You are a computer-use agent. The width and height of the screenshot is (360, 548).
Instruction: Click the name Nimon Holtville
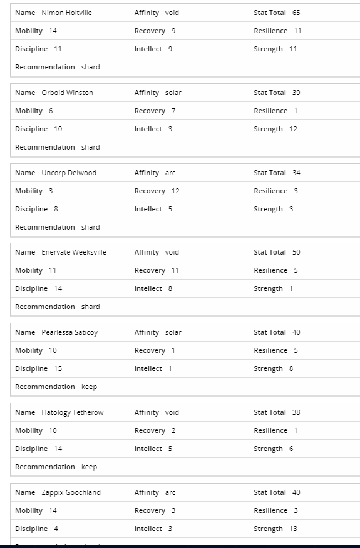pyautogui.click(x=66, y=13)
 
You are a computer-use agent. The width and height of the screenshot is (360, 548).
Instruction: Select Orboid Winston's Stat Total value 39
pyautogui.click(x=296, y=93)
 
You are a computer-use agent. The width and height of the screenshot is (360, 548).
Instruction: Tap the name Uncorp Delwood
pyautogui.click(x=69, y=173)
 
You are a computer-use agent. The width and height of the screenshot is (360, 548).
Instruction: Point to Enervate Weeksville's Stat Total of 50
pyautogui.click(x=296, y=252)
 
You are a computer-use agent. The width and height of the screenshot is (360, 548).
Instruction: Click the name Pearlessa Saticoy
pyautogui.click(x=69, y=332)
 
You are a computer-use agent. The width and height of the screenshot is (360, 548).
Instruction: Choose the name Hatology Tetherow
pyautogui.click(x=73, y=412)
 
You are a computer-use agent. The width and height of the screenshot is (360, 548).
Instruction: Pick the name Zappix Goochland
pyautogui.click(x=71, y=492)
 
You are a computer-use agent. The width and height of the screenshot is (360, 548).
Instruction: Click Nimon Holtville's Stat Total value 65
pyautogui.click(x=296, y=13)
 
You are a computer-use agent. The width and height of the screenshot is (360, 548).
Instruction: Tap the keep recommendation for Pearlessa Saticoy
pyautogui.click(x=89, y=387)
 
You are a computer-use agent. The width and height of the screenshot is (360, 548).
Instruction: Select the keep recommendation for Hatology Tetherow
pyautogui.click(x=89, y=467)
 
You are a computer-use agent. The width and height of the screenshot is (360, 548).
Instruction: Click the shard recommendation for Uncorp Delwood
pyautogui.click(x=90, y=227)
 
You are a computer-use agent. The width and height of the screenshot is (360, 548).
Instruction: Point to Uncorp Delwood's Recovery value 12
pyautogui.click(x=175, y=191)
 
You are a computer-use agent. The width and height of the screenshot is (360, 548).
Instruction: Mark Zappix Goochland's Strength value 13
pyautogui.click(x=294, y=529)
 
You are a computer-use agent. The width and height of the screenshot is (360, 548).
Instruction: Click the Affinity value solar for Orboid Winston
pyautogui.click(x=173, y=93)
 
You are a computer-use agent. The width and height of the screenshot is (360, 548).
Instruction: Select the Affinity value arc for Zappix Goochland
pyautogui.click(x=170, y=492)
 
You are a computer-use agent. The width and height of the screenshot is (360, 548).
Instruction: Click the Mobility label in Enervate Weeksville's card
pyautogui.click(x=29, y=270)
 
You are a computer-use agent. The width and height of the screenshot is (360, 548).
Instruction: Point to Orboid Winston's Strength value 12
pyautogui.click(x=293, y=129)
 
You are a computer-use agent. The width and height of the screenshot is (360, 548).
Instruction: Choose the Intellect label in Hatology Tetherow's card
pyautogui.click(x=148, y=449)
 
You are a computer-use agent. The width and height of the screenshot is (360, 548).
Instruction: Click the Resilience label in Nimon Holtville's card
pyautogui.click(x=270, y=31)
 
